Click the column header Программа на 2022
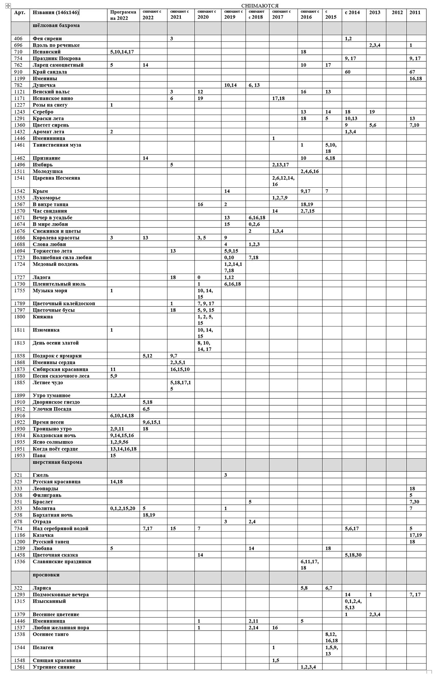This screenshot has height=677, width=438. (x=123, y=15)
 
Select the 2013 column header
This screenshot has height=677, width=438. (x=374, y=12)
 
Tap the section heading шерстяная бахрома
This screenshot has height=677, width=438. (x=57, y=462)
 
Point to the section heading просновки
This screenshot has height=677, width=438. (x=46, y=575)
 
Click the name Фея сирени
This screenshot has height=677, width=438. (x=47, y=39)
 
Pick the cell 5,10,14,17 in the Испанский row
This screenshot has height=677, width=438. (x=122, y=52)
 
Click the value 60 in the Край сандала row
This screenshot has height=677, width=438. (x=347, y=72)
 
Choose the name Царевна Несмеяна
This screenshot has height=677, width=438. (x=56, y=178)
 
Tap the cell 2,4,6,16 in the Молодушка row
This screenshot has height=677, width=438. (x=309, y=171)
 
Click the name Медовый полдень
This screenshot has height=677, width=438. (x=55, y=264)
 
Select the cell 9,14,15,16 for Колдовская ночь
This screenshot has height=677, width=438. (x=122, y=436)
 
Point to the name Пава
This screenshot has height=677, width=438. (x=39, y=456)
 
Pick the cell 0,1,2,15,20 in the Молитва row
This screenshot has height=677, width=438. (x=123, y=508)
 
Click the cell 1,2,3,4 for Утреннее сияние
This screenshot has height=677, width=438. (x=308, y=667)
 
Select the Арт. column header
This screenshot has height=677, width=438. (x=19, y=12)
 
